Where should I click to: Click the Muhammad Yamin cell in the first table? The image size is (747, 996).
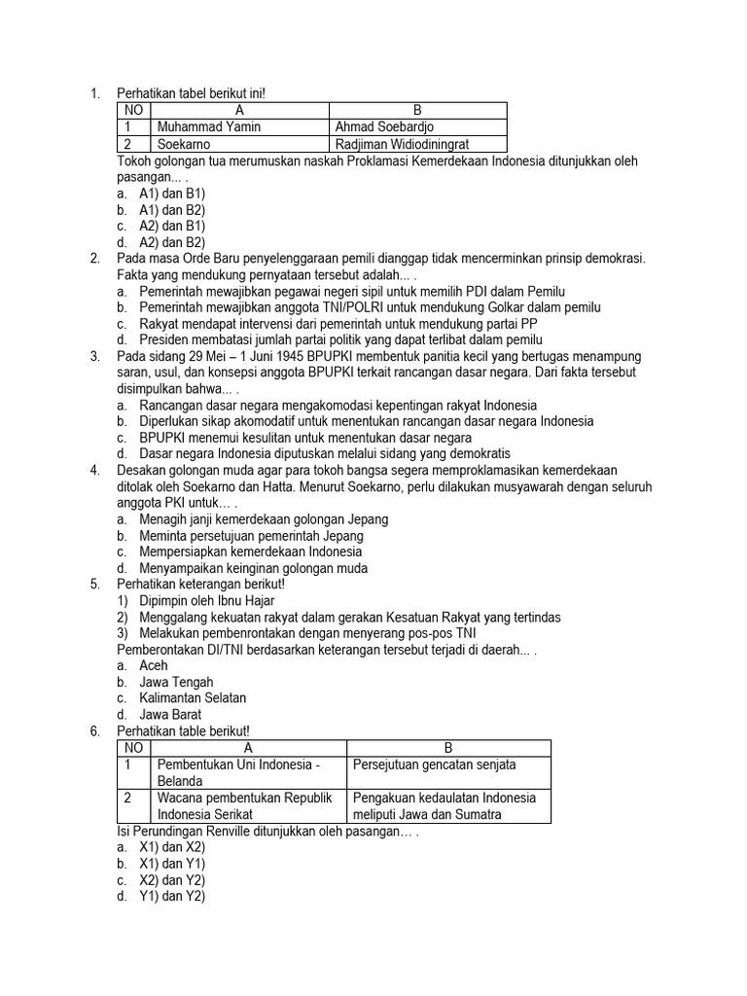point(208,126)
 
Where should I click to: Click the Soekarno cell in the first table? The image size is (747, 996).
point(184,143)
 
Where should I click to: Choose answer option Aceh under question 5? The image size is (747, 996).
point(154,665)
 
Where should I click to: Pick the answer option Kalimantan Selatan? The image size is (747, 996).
point(193,697)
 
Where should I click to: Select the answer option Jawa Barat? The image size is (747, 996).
point(170,714)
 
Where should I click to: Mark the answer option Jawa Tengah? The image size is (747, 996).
point(176,682)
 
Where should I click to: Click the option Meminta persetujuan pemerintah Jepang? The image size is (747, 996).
point(251,536)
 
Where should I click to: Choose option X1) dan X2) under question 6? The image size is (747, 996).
point(172,847)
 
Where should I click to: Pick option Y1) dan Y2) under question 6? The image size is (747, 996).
point(172,896)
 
